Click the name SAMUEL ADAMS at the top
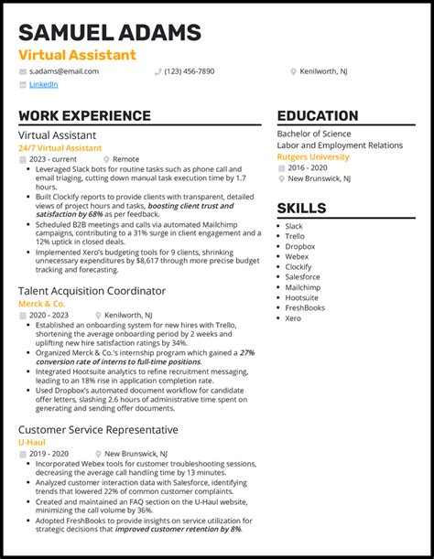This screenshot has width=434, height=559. click(x=109, y=34)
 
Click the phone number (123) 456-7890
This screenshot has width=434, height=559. click(x=190, y=70)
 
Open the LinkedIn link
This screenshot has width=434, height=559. click(x=43, y=84)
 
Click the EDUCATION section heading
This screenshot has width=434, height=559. click(x=317, y=116)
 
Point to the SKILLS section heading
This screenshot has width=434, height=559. click(x=301, y=208)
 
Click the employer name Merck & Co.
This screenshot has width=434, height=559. click(x=41, y=303)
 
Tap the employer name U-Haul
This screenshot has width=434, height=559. click(x=31, y=442)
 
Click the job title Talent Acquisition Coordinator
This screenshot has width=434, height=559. click(x=92, y=291)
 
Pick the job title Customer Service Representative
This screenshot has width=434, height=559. click(x=98, y=430)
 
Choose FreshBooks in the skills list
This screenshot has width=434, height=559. click(x=306, y=307)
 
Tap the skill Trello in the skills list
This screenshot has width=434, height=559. click(x=294, y=236)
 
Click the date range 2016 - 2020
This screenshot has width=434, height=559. click(x=309, y=167)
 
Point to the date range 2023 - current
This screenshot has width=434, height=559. click(x=54, y=158)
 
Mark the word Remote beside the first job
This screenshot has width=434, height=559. click(x=125, y=158)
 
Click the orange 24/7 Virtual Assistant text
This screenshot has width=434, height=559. click(x=57, y=147)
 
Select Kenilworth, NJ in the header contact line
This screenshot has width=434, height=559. click(x=324, y=70)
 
